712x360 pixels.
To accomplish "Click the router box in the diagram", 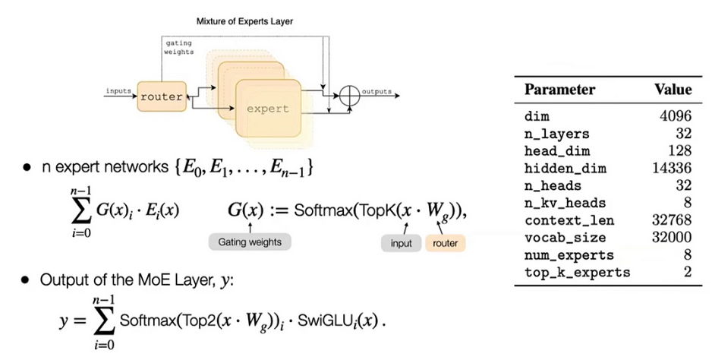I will click(x=162, y=97).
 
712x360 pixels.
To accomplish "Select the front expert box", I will click(x=267, y=109).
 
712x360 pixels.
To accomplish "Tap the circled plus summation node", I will click(x=348, y=96).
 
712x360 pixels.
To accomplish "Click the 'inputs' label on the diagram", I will click(x=119, y=90).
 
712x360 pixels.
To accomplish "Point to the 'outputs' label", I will click(x=376, y=91).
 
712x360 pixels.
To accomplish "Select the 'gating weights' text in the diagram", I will click(x=179, y=47).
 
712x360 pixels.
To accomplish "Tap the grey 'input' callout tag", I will click(x=402, y=243).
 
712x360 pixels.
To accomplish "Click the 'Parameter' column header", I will click(x=560, y=90).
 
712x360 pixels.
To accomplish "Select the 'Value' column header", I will click(x=673, y=90).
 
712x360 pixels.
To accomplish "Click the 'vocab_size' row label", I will click(x=560, y=238).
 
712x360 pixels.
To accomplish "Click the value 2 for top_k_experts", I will click(x=687, y=272).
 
